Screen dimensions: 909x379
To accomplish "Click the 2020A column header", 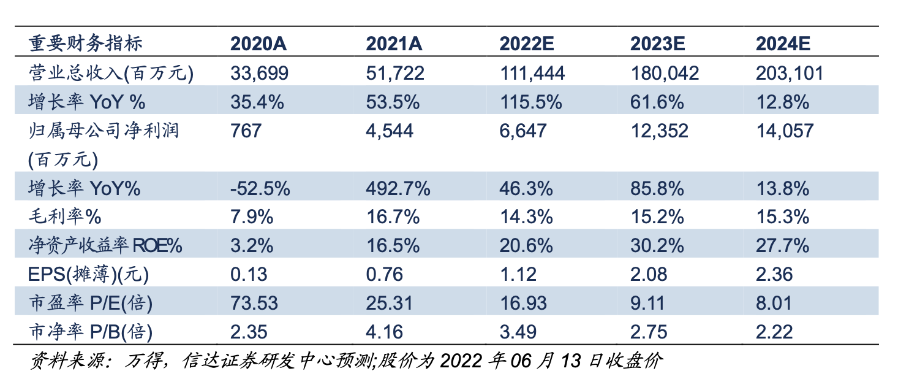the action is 258,44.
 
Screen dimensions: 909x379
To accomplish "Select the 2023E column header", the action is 657,44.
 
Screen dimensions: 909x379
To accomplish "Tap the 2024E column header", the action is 783,44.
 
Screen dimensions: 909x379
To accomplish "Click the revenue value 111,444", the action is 532,74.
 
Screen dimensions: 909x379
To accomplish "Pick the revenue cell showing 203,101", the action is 790,74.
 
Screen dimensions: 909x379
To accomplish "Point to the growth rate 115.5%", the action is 531,102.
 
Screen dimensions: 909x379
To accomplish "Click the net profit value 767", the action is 246,131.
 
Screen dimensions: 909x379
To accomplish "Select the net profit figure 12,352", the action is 660,131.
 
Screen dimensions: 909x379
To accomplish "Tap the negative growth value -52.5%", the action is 260,188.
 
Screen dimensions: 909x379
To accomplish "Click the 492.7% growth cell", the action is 398,188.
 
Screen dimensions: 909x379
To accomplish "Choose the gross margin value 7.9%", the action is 252,217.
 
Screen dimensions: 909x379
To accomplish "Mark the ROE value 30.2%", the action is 657,246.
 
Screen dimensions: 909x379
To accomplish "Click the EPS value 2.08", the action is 649,275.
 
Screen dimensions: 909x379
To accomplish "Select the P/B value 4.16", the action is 384,332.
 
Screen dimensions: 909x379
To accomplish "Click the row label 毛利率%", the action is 65,216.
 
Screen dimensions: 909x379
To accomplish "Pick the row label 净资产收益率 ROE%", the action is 105,245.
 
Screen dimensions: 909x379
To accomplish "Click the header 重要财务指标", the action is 86,44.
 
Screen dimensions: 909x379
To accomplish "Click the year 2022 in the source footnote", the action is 461,361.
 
